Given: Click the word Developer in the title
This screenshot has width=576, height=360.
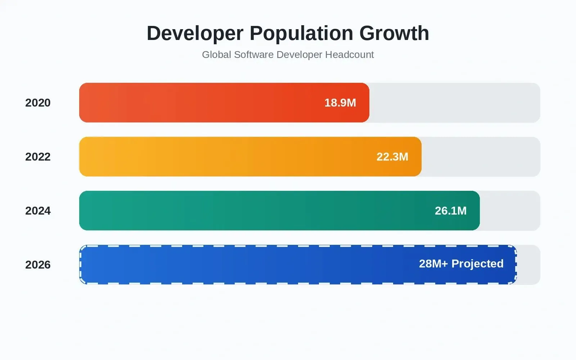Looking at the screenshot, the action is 195,33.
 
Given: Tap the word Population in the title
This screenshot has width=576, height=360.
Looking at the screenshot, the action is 301,33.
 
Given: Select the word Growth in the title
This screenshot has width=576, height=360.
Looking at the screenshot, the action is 394,33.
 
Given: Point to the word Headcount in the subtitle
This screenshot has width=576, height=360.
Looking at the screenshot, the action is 349,55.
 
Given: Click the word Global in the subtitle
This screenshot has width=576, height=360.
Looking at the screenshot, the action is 216,55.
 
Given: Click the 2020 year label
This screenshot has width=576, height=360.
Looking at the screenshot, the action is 38,103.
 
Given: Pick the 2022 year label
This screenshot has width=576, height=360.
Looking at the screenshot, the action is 38,157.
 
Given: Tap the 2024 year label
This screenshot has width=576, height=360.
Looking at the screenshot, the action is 38,211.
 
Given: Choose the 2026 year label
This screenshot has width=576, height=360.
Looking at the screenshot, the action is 38,265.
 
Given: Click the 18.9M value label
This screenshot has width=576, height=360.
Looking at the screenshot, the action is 340,103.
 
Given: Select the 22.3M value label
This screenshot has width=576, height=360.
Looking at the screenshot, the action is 392,157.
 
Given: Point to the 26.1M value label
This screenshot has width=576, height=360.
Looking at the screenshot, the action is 451,211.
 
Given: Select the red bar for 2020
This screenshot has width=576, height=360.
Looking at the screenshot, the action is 224,103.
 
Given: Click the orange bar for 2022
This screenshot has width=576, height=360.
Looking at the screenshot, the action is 250,157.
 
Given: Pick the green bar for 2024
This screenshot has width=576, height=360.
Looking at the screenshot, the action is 279,211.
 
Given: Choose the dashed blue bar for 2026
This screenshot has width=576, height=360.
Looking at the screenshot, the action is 298,265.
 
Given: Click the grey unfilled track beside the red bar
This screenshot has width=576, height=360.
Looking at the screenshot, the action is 455,103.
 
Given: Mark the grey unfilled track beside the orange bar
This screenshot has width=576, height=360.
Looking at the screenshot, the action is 481,157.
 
